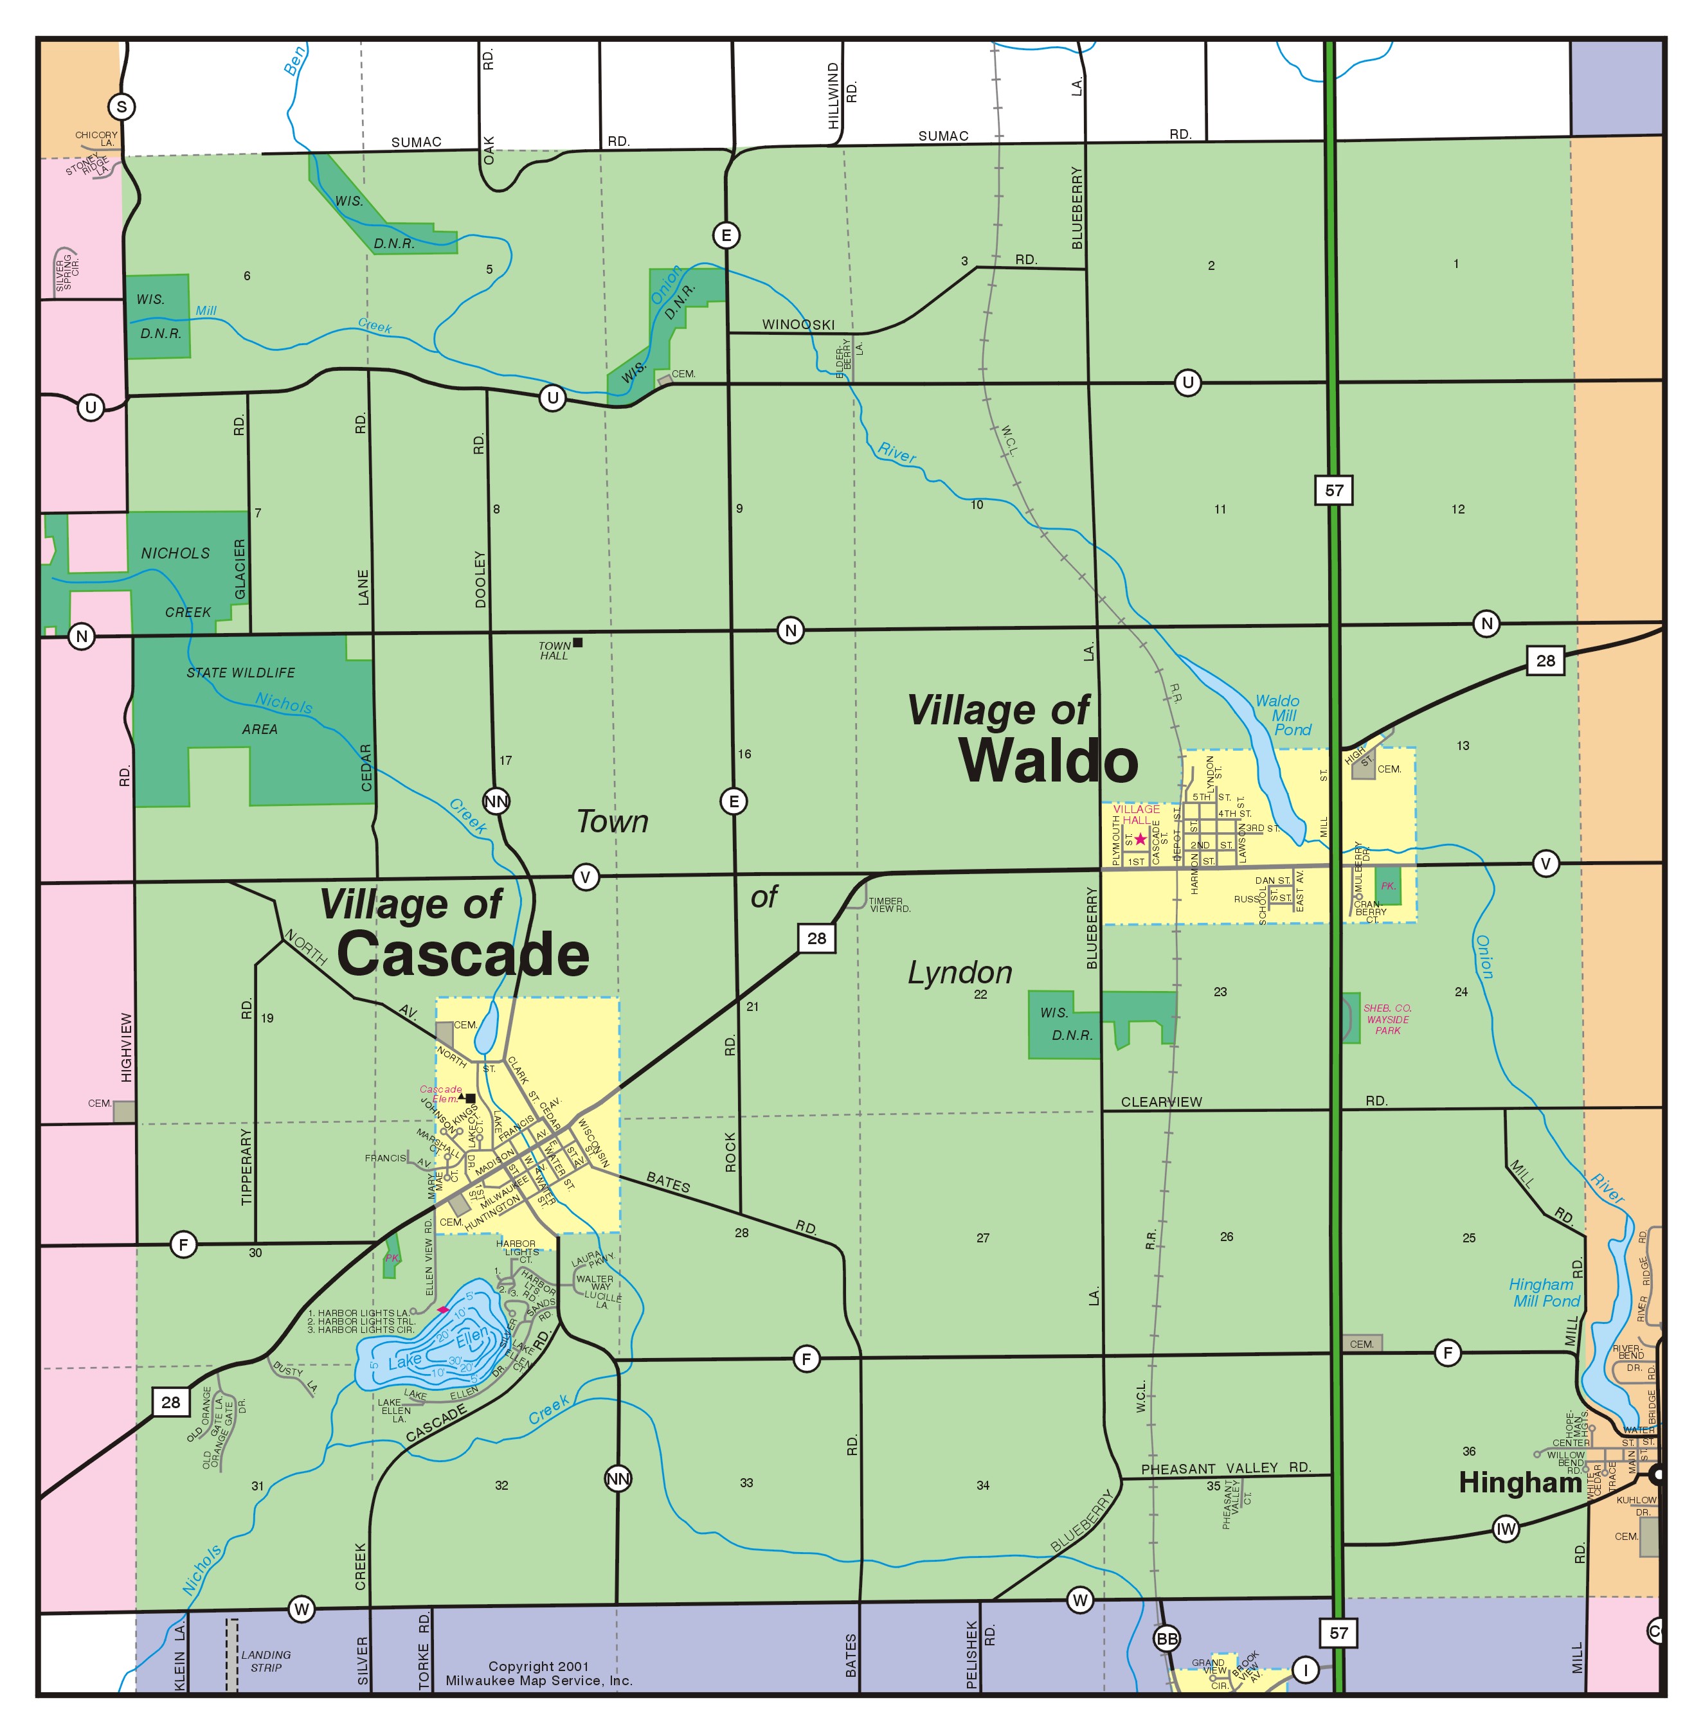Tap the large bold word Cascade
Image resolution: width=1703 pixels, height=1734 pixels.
pyautogui.click(x=464, y=954)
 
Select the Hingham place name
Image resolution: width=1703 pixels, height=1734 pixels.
pyautogui.click(x=1520, y=1483)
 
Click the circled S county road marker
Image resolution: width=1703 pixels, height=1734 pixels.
pyautogui.click(x=122, y=107)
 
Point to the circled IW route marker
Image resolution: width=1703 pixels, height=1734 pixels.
pyautogui.click(x=1506, y=1529)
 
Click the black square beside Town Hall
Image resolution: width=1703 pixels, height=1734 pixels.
pyautogui.click(x=578, y=642)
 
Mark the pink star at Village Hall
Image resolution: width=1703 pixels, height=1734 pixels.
pyautogui.click(x=1140, y=839)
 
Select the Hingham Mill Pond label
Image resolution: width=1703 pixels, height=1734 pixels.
pyautogui.click(x=1545, y=1292)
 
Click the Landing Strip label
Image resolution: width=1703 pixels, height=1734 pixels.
pyautogui.click(x=265, y=1661)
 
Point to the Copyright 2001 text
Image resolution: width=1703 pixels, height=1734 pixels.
pyautogui.click(x=539, y=1666)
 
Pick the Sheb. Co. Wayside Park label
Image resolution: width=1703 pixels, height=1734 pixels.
pyautogui.click(x=1387, y=1019)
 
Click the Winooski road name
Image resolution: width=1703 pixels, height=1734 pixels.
pyautogui.click(x=798, y=325)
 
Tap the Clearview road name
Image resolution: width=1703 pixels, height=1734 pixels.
pyautogui.click(x=1161, y=1102)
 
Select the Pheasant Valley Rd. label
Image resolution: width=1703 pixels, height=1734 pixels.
pyautogui.click(x=1225, y=1467)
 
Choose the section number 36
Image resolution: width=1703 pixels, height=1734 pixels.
pyautogui.click(x=1468, y=1451)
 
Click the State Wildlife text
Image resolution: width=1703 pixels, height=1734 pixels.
pyautogui.click(x=240, y=672)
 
